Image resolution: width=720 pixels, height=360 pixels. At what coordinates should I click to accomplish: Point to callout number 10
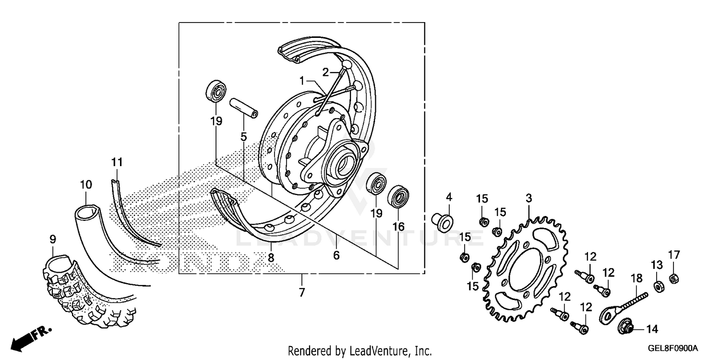point(85,184)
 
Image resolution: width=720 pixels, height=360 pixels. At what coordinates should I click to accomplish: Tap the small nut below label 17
point(673,277)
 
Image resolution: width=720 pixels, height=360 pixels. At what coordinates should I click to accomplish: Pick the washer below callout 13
point(657,287)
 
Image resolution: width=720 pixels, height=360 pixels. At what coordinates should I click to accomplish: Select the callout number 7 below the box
point(302,292)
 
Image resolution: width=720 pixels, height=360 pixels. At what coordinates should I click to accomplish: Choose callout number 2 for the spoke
point(325,72)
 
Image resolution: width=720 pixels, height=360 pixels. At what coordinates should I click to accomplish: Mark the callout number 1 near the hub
point(302,82)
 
